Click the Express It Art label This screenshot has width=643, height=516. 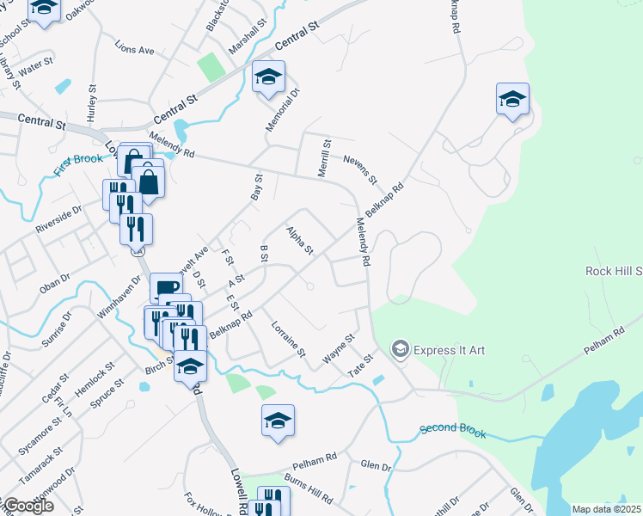(x=450, y=350)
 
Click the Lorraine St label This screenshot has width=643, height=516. (x=288, y=340)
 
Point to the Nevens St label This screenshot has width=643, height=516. (x=359, y=169)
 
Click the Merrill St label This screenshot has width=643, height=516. (x=325, y=158)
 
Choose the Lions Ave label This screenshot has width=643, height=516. (x=135, y=51)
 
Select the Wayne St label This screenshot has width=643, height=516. (x=339, y=349)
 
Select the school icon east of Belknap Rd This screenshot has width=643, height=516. (x=512, y=99)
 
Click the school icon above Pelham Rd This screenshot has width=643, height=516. (x=278, y=421)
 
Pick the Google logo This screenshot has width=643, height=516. (x=28, y=507)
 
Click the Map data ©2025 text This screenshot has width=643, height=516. (x=607, y=509)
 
